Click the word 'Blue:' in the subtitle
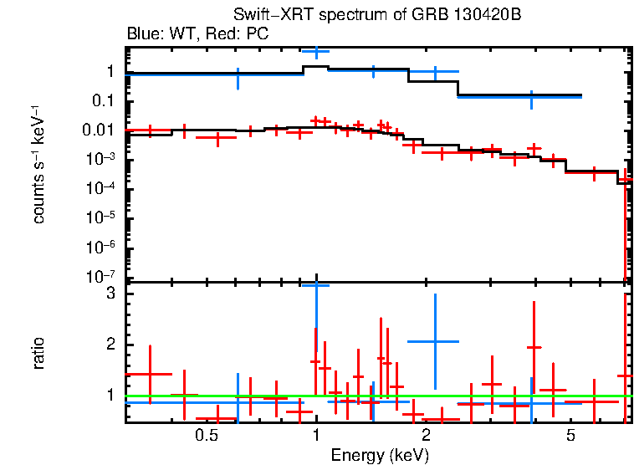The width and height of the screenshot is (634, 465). (x=144, y=34)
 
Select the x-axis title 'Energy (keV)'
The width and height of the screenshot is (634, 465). (x=380, y=455)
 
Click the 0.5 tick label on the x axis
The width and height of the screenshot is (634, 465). (x=207, y=437)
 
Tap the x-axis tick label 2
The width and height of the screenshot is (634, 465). (x=426, y=437)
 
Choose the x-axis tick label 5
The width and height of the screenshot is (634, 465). (x=570, y=437)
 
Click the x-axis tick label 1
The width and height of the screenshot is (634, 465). (x=316, y=437)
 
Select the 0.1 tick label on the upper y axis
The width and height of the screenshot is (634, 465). (x=105, y=101)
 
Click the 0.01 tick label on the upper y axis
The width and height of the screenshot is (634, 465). (x=100, y=130)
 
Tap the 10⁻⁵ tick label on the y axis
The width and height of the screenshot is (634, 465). (x=102, y=218)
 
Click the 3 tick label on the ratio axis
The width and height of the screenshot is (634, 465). (x=109, y=294)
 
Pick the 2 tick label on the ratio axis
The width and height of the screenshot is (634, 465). (x=109, y=345)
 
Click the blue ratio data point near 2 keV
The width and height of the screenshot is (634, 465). (x=434, y=341)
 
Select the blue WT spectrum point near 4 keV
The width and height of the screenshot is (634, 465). (x=531, y=97)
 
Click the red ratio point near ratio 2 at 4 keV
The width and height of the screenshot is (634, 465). (x=534, y=347)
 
